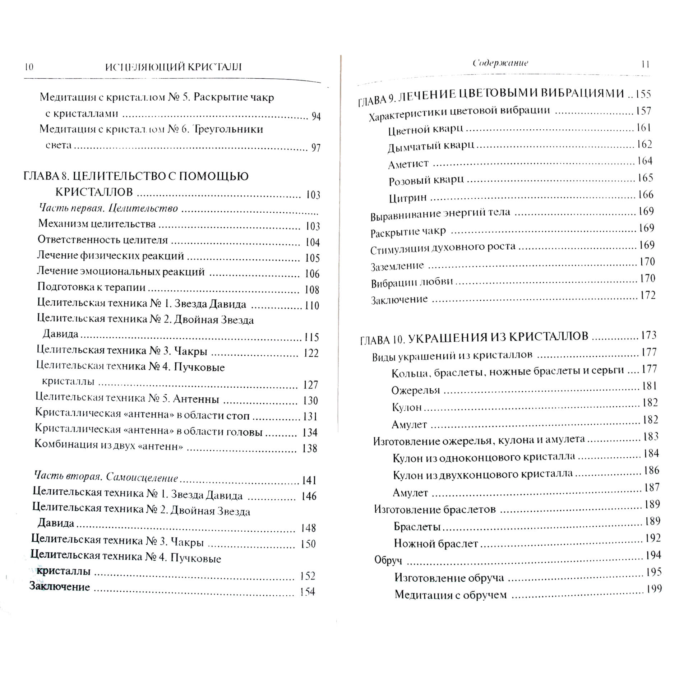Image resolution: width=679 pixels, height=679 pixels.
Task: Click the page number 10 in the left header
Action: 29,67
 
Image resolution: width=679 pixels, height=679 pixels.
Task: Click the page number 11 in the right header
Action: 645,64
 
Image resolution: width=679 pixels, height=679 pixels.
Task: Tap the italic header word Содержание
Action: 500,63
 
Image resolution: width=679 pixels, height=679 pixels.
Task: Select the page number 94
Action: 316,116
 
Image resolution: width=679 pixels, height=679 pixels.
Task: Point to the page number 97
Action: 316,148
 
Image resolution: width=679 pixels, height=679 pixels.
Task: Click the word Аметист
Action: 408,164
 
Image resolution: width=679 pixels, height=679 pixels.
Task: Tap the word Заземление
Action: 397,266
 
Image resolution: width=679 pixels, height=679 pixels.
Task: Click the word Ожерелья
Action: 415,390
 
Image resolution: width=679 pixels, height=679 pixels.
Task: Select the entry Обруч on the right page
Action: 388,560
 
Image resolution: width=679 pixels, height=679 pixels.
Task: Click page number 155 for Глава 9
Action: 643,94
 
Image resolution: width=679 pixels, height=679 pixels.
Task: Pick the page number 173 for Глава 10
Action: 648,335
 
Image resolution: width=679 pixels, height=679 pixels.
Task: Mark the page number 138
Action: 309,448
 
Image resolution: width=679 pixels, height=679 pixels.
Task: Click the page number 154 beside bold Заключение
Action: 307,592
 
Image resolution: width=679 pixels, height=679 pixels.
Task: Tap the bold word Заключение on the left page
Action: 59,587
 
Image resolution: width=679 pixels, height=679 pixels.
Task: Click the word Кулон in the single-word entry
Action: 407,407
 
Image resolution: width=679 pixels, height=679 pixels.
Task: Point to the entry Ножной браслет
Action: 436,544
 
